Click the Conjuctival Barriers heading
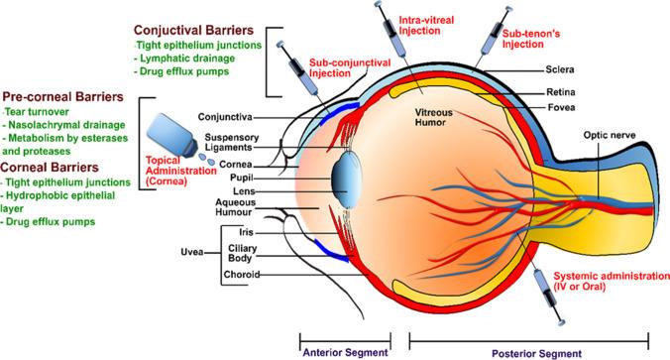(x=204, y=29)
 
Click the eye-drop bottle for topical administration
(x=165, y=136)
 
